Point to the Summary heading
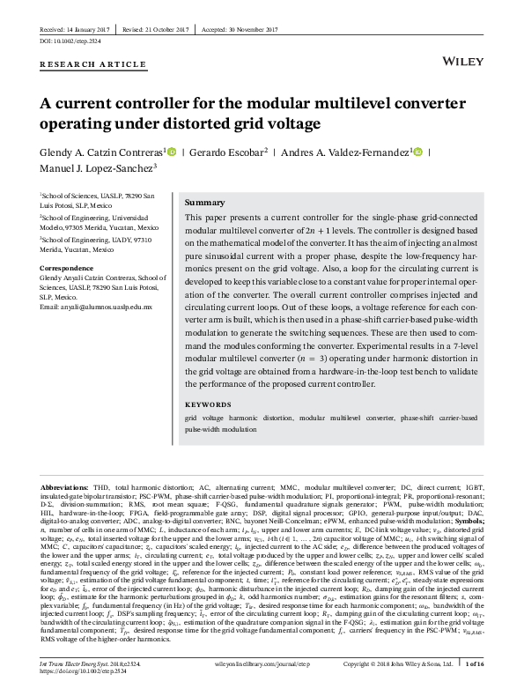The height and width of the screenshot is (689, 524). coord(204,202)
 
